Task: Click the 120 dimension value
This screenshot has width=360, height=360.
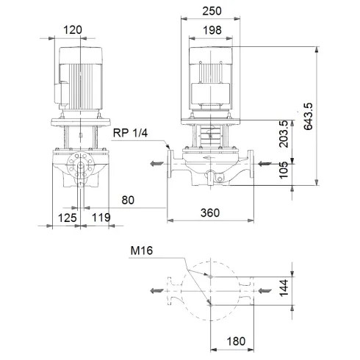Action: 73,29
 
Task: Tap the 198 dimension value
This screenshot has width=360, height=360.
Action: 212,29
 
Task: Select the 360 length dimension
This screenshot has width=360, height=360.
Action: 211,213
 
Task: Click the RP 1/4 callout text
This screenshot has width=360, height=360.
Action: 131,132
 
